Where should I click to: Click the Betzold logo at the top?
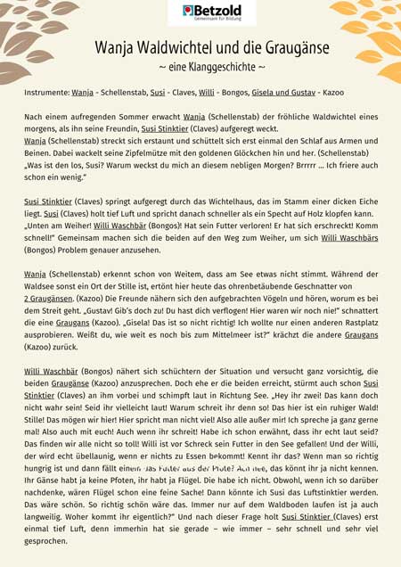pos(200,12)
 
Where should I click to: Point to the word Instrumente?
pos(45,92)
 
